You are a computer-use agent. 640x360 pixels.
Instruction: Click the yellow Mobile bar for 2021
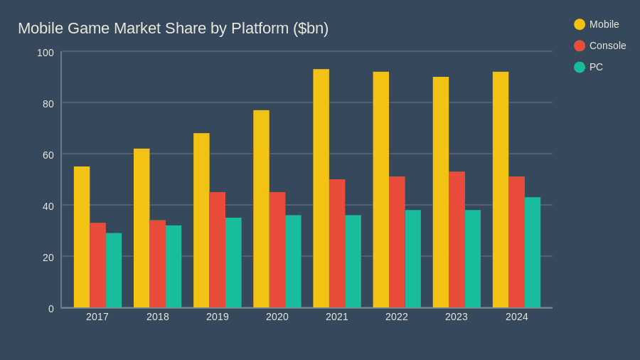[321, 189]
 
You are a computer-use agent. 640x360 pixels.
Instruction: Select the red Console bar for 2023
[457, 240]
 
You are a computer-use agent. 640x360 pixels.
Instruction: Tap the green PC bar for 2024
[533, 253]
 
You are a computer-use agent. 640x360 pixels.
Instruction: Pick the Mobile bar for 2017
[82, 237]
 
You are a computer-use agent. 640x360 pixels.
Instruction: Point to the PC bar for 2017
[114, 270]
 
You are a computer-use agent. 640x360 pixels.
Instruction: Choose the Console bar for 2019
[218, 250]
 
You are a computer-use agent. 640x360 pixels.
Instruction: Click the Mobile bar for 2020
[261, 209]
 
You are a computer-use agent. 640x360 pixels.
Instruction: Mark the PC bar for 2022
[413, 259]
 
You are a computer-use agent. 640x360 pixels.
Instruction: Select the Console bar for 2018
[157, 264]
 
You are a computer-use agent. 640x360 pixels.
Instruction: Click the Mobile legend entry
[597, 24]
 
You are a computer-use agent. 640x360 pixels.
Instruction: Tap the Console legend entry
[600, 46]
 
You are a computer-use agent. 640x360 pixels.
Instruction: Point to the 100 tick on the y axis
[46, 53]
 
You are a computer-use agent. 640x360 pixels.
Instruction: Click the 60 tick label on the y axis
[48, 155]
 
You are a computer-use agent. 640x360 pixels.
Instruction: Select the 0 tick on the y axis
[51, 309]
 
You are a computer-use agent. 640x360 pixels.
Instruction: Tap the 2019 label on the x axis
[218, 317]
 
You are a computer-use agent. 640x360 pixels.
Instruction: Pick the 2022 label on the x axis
[397, 317]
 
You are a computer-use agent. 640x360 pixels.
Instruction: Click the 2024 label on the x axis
[517, 317]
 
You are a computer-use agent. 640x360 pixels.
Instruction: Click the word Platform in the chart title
[260, 28]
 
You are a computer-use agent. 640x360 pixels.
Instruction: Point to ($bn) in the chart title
[311, 28]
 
